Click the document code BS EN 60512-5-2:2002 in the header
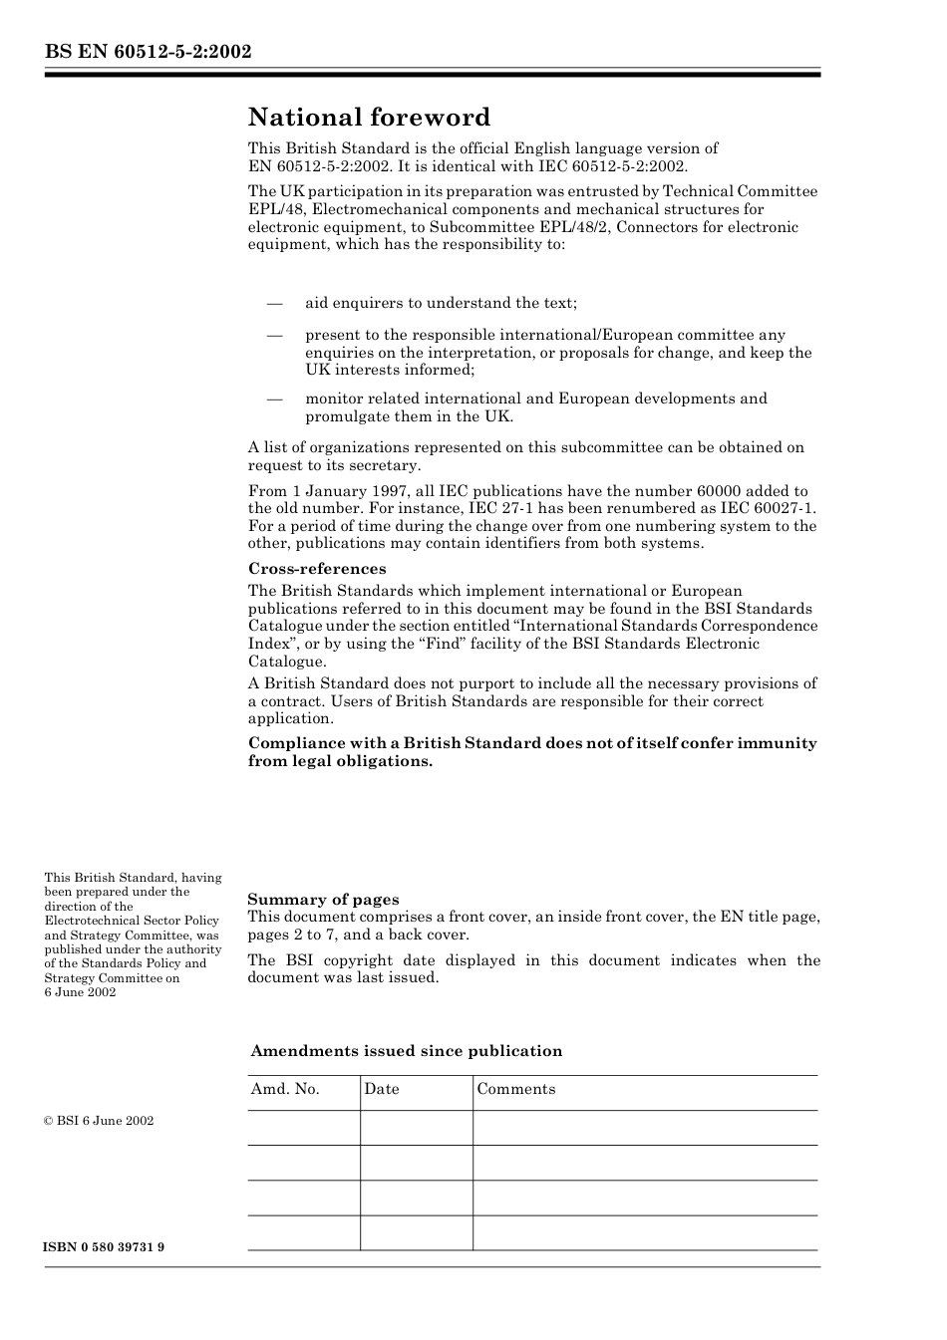(148, 52)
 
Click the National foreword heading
(369, 118)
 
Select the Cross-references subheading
(317, 569)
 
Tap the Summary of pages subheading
(323, 900)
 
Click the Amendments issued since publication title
(406, 1051)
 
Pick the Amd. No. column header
(285, 1089)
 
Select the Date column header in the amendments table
(381, 1089)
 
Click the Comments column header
(515, 1089)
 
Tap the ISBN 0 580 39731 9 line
(105, 1247)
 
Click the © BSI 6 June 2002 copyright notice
(99, 1121)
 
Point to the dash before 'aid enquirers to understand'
(274, 303)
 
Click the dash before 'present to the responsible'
(274, 336)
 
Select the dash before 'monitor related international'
(274, 399)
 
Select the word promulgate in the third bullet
(346, 416)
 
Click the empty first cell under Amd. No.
(303, 1128)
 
